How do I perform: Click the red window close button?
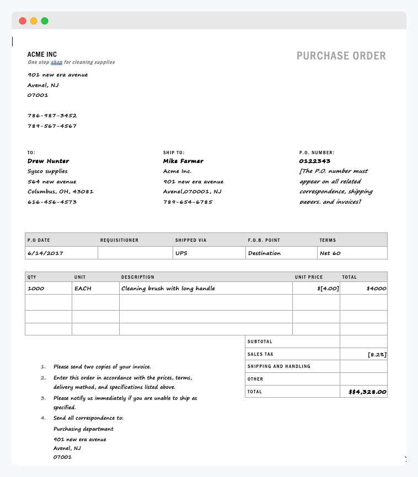click(23, 21)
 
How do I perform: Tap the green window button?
click(45, 21)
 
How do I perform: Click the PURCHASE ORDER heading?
click(341, 56)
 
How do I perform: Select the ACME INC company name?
click(42, 55)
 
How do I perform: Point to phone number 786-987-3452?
click(52, 116)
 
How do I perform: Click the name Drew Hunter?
click(48, 161)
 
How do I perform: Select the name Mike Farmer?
click(183, 161)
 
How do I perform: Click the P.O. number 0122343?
click(314, 161)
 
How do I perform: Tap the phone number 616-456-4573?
click(52, 202)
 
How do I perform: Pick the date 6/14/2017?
click(45, 253)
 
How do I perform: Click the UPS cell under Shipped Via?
click(181, 253)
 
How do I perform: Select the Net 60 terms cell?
click(330, 253)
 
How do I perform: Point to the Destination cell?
click(264, 253)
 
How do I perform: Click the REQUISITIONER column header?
click(119, 240)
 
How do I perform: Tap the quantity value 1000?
click(36, 289)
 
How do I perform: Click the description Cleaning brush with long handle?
click(168, 289)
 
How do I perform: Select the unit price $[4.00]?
click(328, 289)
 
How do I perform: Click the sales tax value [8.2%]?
click(377, 355)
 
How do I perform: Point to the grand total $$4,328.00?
click(367, 392)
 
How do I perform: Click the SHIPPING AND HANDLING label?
click(278, 366)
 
